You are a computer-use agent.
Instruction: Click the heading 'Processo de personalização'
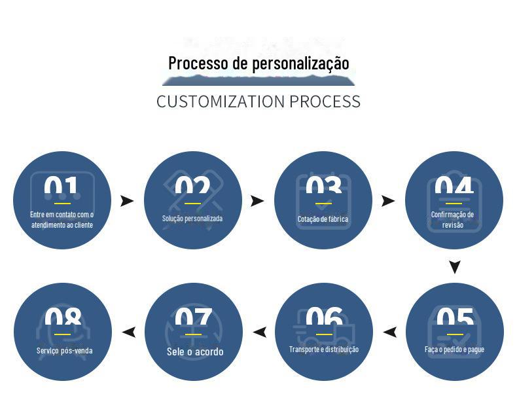258,63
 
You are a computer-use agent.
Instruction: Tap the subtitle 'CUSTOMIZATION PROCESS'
258,101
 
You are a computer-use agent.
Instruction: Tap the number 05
455,320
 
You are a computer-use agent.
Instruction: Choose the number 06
324,320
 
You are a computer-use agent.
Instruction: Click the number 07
193,320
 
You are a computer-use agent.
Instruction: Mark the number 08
63,320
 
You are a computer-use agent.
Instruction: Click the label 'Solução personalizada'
192,219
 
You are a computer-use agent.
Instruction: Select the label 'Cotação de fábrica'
323,219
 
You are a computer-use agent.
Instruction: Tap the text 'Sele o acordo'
194,352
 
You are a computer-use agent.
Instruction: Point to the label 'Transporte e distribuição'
324,350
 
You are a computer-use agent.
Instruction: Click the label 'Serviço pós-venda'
64,351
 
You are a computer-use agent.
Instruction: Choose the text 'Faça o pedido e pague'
455,350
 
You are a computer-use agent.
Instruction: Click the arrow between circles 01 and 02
127,201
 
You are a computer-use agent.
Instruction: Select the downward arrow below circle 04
455,267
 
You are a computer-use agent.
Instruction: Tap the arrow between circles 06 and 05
390,332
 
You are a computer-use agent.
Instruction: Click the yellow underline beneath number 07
193,334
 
